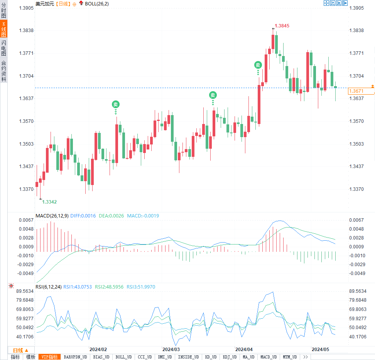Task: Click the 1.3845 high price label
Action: pos(282,26)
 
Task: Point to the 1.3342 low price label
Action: pos(49,202)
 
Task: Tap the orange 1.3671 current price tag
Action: pos(356,91)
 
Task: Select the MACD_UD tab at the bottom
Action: pos(268,357)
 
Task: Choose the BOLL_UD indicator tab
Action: pos(123,357)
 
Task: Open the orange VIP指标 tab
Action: pos(49,357)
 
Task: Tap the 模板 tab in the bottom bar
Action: pos(30,357)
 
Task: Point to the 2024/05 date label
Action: pos(321,349)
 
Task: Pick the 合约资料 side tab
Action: pos(3,71)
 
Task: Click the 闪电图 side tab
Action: pos(3,48)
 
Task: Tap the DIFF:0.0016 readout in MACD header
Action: pos(83,216)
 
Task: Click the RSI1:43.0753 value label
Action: pos(78,287)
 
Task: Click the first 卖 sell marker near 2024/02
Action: pos(115,104)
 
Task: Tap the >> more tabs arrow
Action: pos(305,357)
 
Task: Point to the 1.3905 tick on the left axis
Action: pos(25,8)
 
